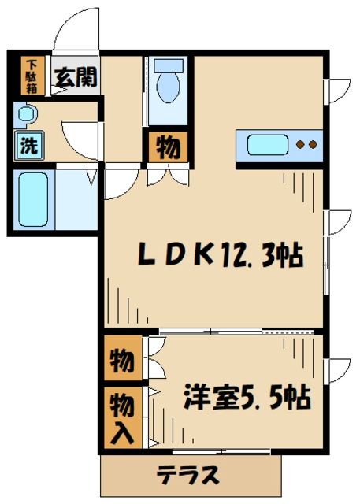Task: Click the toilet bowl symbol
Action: (x=168, y=87)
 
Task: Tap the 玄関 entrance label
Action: (x=76, y=78)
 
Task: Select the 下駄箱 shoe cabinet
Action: (x=32, y=76)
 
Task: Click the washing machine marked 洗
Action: (x=29, y=146)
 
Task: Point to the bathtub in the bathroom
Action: (x=33, y=199)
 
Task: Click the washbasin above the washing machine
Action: (x=26, y=113)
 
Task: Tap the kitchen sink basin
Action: (x=267, y=145)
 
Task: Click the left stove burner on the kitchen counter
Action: (x=301, y=145)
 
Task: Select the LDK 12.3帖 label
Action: (x=221, y=255)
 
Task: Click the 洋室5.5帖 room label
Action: (x=247, y=397)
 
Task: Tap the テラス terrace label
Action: (x=188, y=475)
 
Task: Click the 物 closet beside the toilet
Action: (x=168, y=147)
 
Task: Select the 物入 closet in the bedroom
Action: (x=123, y=418)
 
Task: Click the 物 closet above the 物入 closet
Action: (x=123, y=358)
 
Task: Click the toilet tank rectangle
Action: (x=168, y=65)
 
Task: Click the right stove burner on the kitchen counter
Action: (x=313, y=145)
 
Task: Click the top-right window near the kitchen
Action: (x=337, y=91)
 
